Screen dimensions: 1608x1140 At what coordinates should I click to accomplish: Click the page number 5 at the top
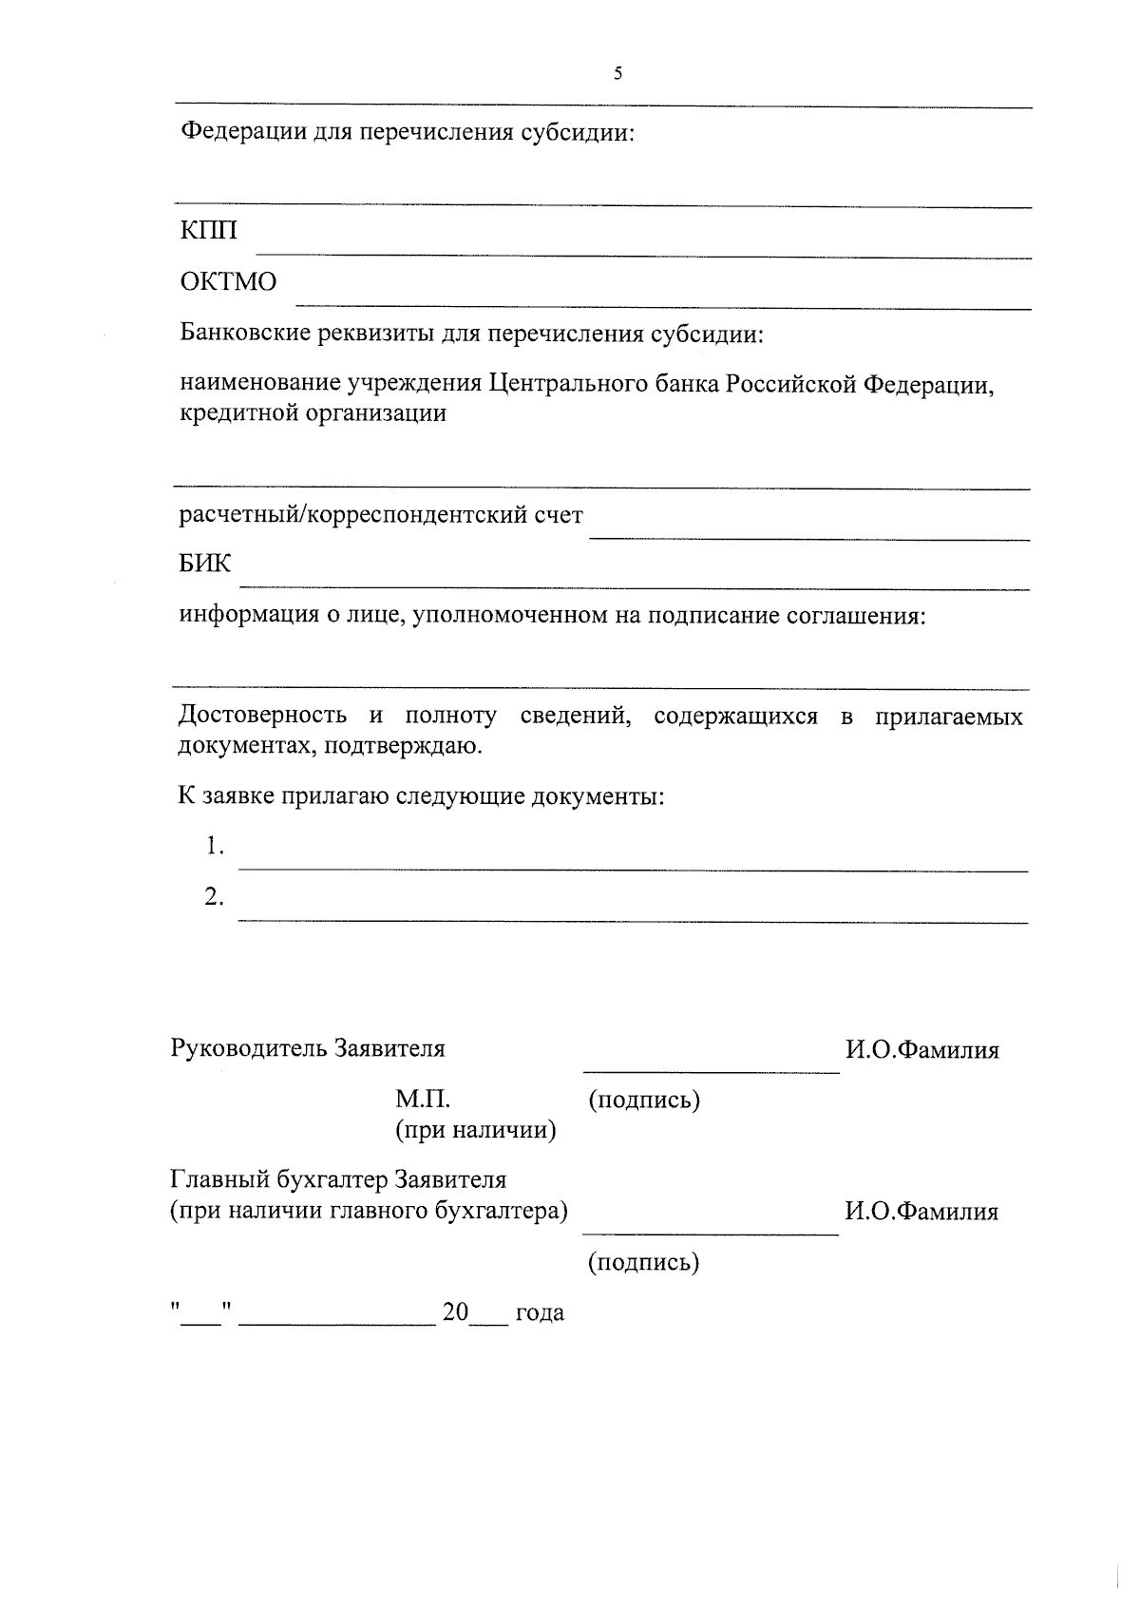[618, 73]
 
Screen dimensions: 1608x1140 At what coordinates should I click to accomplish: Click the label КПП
[208, 231]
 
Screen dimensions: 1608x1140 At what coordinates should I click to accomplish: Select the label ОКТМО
[228, 282]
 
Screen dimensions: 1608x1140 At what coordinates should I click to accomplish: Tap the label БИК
[205, 564]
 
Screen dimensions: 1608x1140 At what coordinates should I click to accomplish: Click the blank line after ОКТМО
[663, 307]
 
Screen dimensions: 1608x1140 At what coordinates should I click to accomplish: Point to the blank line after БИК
[634, 588]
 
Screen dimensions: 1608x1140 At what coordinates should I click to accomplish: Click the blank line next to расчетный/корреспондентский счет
[809, 539]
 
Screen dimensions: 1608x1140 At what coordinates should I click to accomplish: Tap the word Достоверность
[262, 716]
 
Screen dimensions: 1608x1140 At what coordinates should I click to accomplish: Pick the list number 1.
[215, 846]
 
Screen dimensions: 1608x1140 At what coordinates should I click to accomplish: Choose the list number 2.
[215, 896]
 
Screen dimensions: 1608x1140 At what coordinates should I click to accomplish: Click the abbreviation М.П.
[423, 1100]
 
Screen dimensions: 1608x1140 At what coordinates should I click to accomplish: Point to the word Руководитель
[246, 1048]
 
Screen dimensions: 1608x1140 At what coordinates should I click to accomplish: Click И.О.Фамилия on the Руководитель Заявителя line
[922, 1050]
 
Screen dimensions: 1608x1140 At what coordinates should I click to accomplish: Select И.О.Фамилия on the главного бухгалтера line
[921, 1212]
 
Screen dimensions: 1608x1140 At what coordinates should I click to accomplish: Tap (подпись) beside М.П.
[644, 1101]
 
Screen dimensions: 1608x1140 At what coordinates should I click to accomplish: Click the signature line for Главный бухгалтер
[711, 1234]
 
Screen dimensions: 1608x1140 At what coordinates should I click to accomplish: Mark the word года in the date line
[540, 1314]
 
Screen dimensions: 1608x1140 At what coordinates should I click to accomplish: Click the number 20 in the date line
[456, 1312]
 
